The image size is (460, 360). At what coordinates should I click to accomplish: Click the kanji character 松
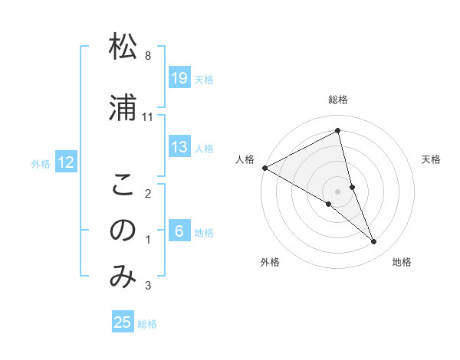(123, 47)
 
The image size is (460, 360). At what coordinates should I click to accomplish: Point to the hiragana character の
(123, 231)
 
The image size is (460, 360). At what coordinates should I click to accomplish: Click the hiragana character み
(123, 277)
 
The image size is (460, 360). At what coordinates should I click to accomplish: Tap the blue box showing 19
(179, 78)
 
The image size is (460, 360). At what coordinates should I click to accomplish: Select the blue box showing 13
(179, 147)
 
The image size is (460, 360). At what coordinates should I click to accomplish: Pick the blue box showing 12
(66, 162)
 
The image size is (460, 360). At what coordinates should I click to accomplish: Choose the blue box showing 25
(123, 322)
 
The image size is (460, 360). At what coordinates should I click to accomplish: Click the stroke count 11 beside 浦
(148, 117)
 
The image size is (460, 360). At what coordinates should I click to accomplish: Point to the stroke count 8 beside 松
(148, 56)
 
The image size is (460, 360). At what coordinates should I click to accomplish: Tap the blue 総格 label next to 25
(148, 324)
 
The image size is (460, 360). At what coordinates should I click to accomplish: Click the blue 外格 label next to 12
(41, 163)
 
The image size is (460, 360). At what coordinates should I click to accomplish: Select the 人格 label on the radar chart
(245, 159)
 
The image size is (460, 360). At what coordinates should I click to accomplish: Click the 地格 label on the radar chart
(402, 262)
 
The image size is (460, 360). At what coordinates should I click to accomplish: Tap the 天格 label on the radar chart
(431, 159)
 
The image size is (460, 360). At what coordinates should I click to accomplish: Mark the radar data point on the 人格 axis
(264, 167)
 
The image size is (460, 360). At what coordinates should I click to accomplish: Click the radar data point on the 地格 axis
(374, 242)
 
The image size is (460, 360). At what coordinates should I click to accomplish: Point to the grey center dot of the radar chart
(337, 191)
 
